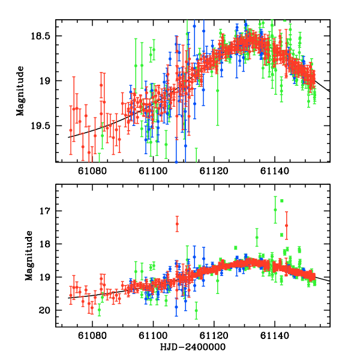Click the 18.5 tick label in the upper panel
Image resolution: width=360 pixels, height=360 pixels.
[x=42, y=36]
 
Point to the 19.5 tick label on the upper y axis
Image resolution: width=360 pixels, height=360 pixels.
[x=42, y=126]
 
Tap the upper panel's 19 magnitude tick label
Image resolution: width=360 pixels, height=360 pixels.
[x=46, y=81]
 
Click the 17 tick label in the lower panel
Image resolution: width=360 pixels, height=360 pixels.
[x=46, y=211]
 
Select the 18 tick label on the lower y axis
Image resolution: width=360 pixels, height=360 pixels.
[x=46, y=244]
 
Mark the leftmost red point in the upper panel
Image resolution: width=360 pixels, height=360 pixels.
[x=71, y=130]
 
